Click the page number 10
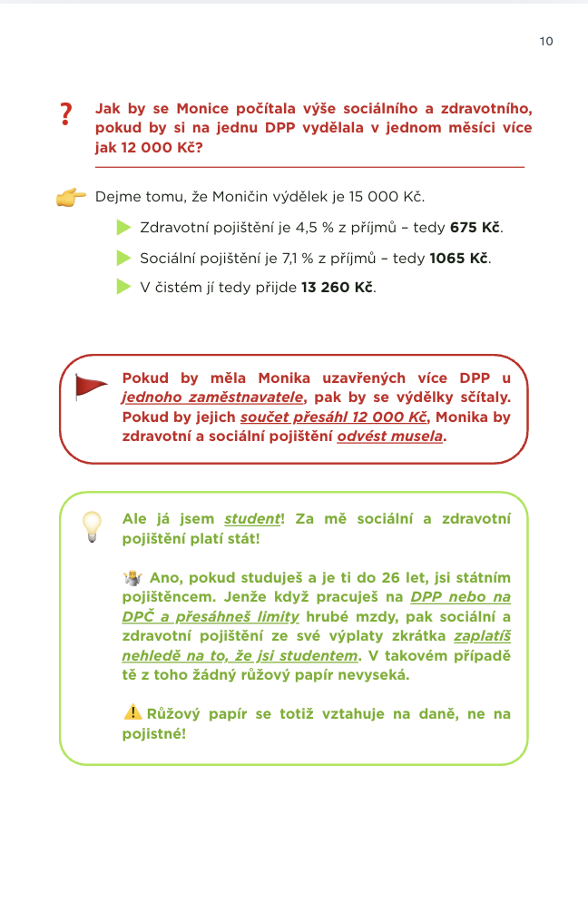[545, 41]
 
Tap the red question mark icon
[65, 114]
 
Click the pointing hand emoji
[71, 197]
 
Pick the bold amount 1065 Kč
[459, 258]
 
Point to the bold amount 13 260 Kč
[338, 288]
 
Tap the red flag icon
[90, 387]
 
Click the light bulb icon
[92, 526]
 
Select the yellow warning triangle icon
[132, 712]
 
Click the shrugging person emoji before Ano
[132, 577]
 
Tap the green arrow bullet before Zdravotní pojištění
[123, 227]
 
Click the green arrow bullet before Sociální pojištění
[123, 258]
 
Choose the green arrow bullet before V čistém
[123, 288]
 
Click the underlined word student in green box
[252, 519]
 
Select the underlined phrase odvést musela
[391, 436]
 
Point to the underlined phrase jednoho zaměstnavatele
[213, 397]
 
